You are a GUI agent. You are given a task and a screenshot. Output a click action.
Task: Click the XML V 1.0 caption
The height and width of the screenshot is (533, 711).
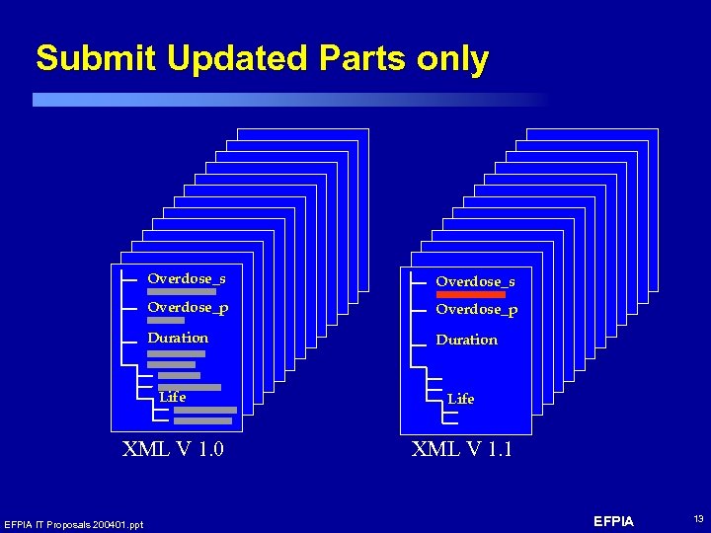tap(173, 450)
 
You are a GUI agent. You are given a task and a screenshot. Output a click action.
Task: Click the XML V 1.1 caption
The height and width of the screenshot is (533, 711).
tap(461, 450)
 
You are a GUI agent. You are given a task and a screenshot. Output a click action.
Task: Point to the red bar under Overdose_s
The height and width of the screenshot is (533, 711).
tap(471, 294)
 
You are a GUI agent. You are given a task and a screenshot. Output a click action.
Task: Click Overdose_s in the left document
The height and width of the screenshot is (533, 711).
tap(187, 278)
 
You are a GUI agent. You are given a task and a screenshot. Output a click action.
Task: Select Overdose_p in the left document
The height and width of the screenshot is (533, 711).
tap(188, 307)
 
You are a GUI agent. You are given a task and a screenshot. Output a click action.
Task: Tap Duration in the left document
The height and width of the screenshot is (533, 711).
tap(178, 338)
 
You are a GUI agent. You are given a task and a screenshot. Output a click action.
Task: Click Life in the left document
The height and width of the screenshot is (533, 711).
tap(173, 397)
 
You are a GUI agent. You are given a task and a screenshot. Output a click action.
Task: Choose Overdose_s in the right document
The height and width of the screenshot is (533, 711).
tap(475, 281)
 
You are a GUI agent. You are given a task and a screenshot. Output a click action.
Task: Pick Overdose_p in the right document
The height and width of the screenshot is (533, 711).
tap(476, 309)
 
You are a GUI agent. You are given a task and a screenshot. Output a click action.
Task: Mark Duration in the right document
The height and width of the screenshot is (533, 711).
tap(466, 340)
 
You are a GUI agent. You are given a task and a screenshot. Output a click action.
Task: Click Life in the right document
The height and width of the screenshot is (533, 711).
tap(460, 399)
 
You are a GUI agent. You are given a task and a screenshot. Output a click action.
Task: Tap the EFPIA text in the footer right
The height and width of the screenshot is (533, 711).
tap(614, 521)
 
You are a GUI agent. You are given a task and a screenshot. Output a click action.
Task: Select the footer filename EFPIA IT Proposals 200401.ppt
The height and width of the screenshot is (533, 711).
tap(73, 524)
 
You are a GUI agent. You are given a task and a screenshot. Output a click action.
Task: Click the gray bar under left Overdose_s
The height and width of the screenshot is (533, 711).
tap(182, 292)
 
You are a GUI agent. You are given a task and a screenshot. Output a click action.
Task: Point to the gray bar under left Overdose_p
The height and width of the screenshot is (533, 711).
tap(166, 321)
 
